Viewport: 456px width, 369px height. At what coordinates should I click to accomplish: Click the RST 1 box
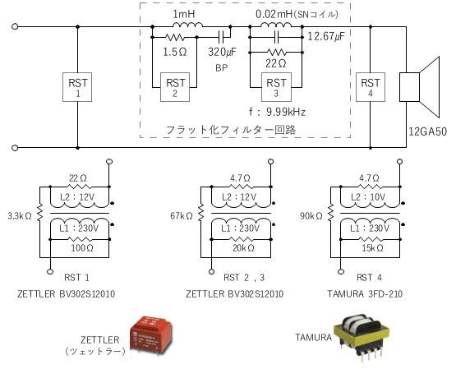[77, 87]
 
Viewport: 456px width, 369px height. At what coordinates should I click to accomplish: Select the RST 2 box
[175, 87]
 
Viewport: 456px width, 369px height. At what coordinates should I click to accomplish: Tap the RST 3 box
[276, 87]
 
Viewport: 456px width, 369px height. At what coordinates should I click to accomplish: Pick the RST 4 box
[371, 87]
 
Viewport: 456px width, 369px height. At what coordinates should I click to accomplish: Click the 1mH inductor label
[184, 14]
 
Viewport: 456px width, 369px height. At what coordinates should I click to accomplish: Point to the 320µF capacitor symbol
[222, 37]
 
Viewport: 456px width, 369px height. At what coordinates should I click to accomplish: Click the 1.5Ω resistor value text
[175, 52]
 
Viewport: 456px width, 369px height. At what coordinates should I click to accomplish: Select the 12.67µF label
[325, 37]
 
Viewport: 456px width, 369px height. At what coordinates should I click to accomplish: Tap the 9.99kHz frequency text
[286, 112]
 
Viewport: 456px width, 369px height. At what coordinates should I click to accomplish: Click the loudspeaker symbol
[420, 87]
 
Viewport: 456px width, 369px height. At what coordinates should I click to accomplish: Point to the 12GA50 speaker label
[427, 131]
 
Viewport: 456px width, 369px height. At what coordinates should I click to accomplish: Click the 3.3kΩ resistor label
[20, 216]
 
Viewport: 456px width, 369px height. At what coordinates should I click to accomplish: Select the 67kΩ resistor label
[182, 216]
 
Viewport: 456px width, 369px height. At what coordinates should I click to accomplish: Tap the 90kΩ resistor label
[311, 216]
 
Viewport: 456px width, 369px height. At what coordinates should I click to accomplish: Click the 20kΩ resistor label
[243, 248]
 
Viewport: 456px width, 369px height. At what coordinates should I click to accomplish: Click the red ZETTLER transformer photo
[150, 335]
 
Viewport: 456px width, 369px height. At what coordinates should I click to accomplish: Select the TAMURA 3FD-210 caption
[365, 294]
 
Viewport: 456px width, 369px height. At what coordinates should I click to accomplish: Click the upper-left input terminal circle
[15, 26]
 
